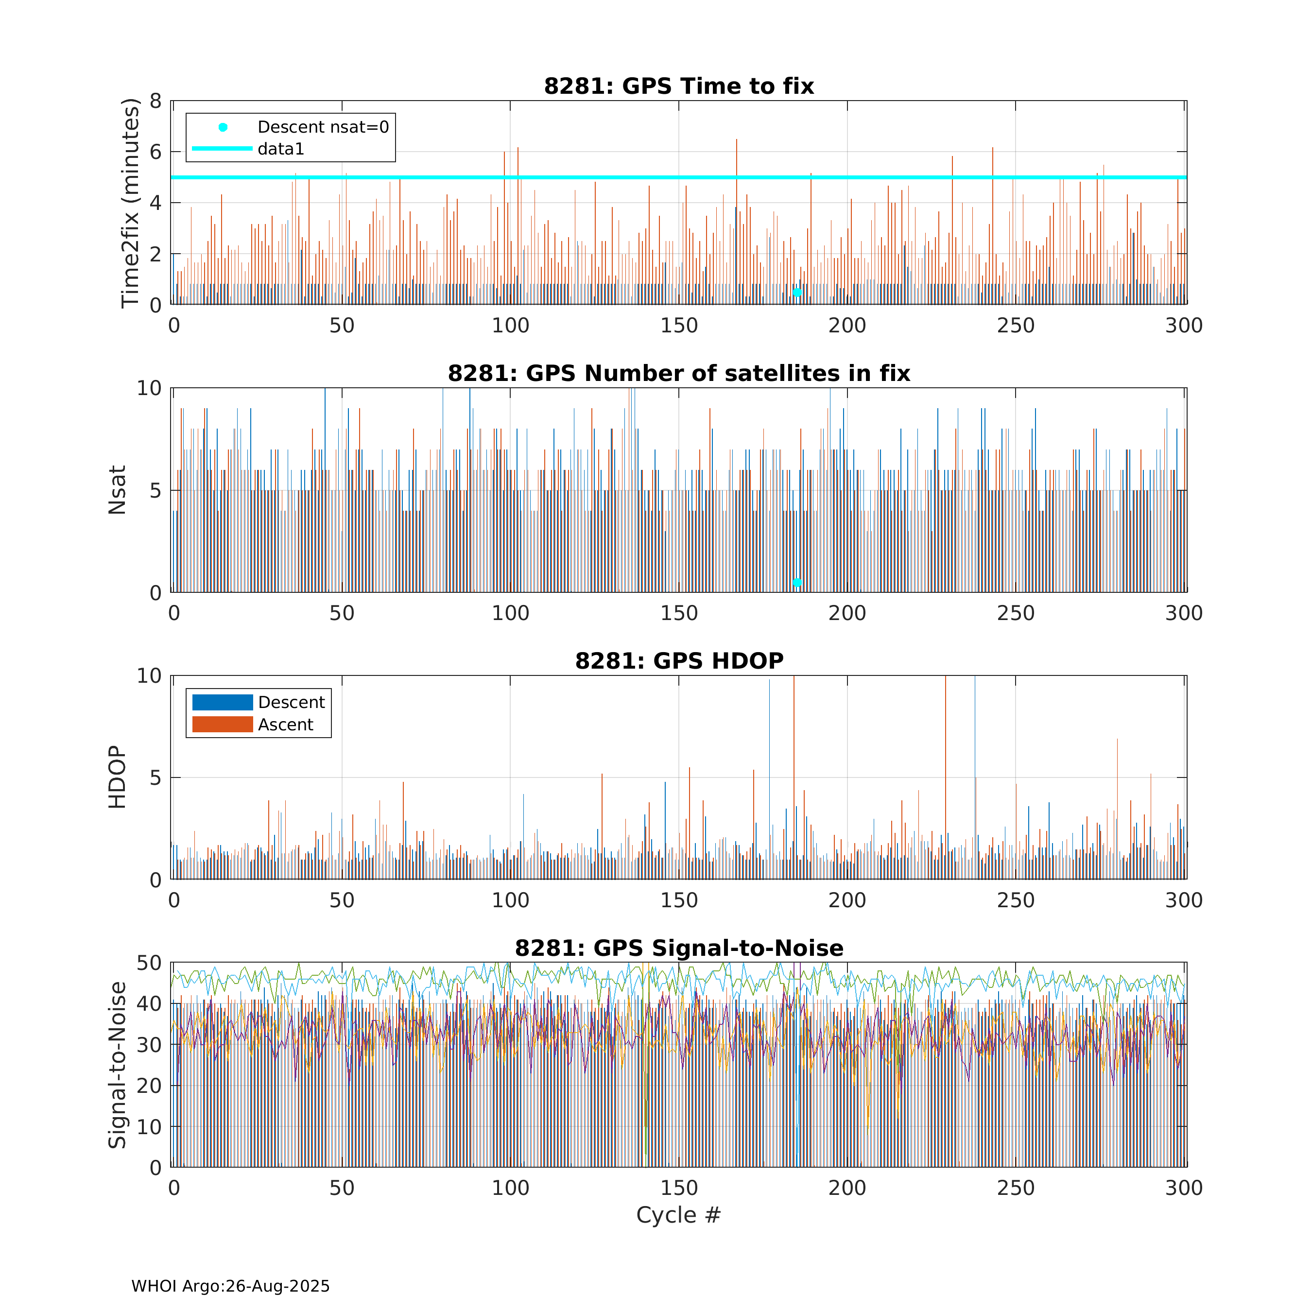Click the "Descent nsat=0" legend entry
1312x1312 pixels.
[323, 127]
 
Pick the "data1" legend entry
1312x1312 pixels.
[280, 149]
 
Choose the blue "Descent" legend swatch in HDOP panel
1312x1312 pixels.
[222, 702]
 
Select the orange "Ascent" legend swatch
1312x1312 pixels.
[222, 725]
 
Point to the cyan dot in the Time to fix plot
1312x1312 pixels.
[797, 293]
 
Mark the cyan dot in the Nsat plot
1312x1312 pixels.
[797, 583]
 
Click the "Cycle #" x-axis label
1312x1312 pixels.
[678, 1215]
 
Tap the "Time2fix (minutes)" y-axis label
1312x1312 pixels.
[130, 203]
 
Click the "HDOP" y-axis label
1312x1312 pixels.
[117, 777]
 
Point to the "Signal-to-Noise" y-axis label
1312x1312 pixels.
[117, 1065]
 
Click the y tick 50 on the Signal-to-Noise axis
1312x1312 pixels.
[149, 963]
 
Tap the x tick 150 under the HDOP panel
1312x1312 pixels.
[678, 900]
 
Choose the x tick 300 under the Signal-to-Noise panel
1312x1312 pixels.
[1184, 1189]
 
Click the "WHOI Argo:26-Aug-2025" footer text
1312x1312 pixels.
[230, 1286]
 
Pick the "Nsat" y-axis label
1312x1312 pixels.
[117, 490]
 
